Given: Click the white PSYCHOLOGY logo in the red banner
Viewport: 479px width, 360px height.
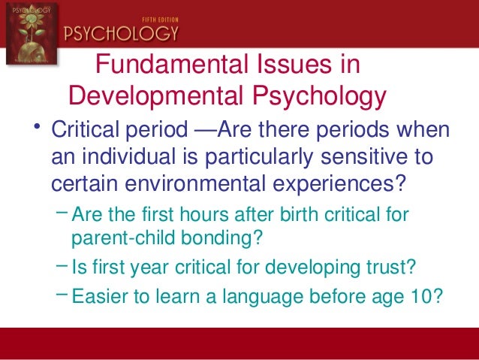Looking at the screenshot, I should (x=122, y=34).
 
